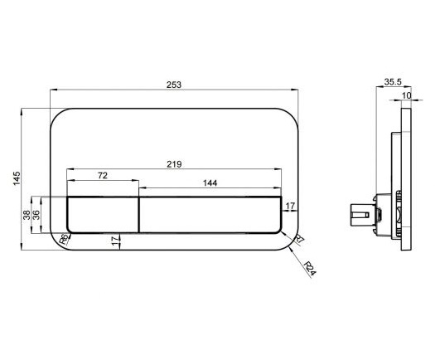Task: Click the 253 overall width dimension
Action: click(174, 85)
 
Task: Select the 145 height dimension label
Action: click(17, 178)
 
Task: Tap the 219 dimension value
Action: click(174, 164)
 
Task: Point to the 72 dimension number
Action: click(103, 176)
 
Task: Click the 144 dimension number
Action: click(210, 183)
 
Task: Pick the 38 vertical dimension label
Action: click(27, 215)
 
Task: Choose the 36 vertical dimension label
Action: click(36, 215)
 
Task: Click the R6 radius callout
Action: click(65, 240)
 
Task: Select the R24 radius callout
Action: click(311, 269)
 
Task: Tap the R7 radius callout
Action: click(299, 239)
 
